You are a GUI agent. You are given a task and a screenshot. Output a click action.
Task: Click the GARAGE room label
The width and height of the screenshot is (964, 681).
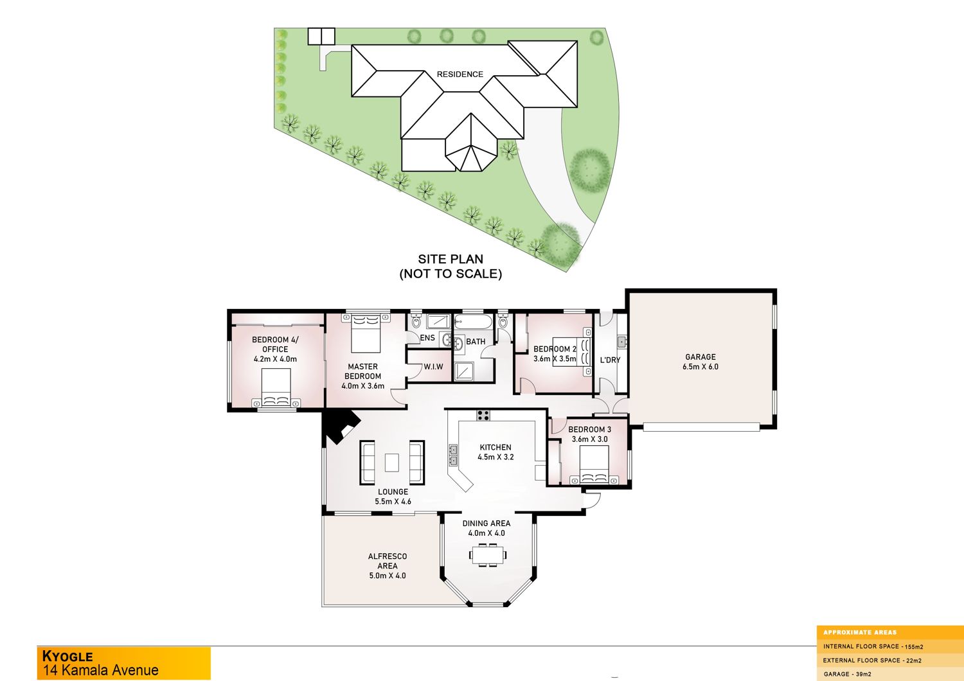click(701, 357)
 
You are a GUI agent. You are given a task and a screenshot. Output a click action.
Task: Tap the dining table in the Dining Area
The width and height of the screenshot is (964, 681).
click(488, 554)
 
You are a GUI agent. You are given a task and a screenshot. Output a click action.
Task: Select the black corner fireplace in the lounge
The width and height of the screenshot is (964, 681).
click(341, 426)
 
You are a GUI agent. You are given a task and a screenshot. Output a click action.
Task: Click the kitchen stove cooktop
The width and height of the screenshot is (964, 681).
click(483, 415)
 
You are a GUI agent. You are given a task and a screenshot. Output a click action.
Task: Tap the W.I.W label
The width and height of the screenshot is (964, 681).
click(433, 367)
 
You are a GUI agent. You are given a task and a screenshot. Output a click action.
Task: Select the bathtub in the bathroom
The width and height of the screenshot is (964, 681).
click(473, 321)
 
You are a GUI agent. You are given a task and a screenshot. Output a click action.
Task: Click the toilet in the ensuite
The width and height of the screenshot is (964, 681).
click(416, 321)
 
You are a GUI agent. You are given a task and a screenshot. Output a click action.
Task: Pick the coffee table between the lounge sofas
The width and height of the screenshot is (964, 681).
click(391, 463)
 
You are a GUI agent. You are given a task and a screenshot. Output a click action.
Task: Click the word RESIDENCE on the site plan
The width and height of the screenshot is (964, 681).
click(460, 74)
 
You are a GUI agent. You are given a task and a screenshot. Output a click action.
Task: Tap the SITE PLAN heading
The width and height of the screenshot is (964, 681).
click(451, 259)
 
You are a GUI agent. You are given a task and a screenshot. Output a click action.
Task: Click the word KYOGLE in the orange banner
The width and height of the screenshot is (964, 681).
click(67, 656)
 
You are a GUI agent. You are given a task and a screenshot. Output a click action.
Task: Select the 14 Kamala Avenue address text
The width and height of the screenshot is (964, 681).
click(100, 670)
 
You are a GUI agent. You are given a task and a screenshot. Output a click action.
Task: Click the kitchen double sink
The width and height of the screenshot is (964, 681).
click(453, 455)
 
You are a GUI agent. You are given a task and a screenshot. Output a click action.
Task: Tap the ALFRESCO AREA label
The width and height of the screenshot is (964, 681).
click(388, 561)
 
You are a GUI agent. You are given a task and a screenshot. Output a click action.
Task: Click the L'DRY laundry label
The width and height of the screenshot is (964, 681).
click(611, 360)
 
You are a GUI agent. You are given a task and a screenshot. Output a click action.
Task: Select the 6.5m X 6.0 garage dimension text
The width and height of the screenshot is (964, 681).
click(701, 367)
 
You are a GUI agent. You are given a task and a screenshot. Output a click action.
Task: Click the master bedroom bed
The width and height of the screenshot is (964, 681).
click(366, 333)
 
